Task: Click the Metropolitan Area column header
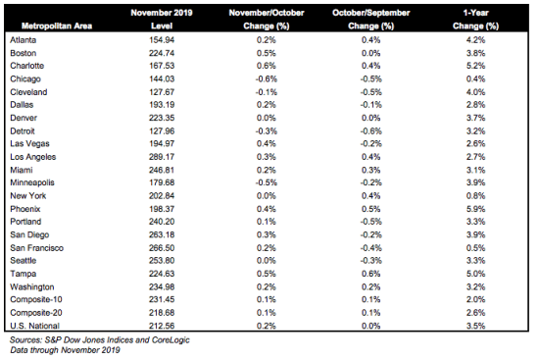click(x=57, y=26)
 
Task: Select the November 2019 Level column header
click(x=162, y=20)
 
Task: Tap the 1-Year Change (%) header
click(x=475, y=20)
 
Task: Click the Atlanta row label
click(x=24, y=40)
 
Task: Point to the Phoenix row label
click(x=25, y=209)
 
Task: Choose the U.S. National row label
click(x=34, y=326)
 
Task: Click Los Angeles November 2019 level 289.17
click(x=162, y=157)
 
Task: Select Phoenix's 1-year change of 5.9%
click(x=475, y=209)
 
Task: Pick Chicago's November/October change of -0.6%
click(x=267, y=79)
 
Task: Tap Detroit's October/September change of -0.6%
click(x=370, y=131)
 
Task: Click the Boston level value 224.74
click(x=162, y=53)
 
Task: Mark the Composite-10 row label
click(x=36, y=299)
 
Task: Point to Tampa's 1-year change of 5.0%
click(x=475, y=274)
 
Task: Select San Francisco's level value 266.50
click(x=162, y=248)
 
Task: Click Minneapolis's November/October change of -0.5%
click(x=267, y=182)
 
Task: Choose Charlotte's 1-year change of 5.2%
click(x=475, y=66)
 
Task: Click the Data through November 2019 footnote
click(x=65, y=350)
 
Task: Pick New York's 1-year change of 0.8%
click(x=475, y=196)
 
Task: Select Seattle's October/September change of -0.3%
click(x=370, y=261)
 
